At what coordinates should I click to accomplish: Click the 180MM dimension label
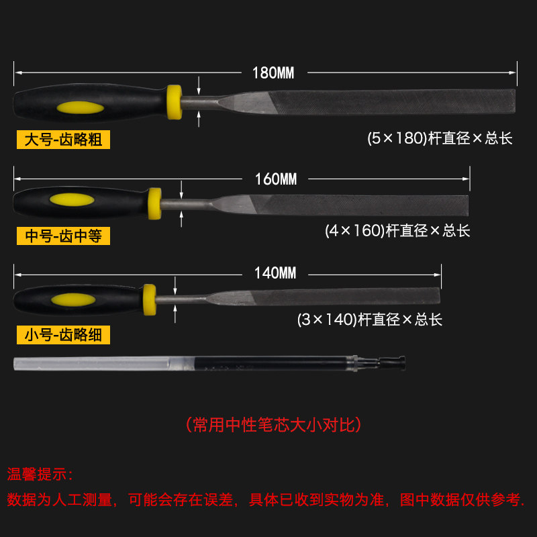pyautogui.click(x=273, y=72)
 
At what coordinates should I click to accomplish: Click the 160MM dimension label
pyautogui.click(x=275, y=179)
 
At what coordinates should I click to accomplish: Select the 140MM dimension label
pyautogui.click(x=275, y=273)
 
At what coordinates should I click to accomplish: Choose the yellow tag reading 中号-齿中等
pyautogui.click(x=63, y=236)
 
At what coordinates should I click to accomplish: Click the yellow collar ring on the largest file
pyautogui.click(x=175, y=103)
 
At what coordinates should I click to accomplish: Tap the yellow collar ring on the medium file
pyautogui.click(x=155, y=203)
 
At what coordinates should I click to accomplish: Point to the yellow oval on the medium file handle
pyautogui.click(x=69, y=200)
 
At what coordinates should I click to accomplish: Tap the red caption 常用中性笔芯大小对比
pyautogui.click(x=273, y=425)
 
